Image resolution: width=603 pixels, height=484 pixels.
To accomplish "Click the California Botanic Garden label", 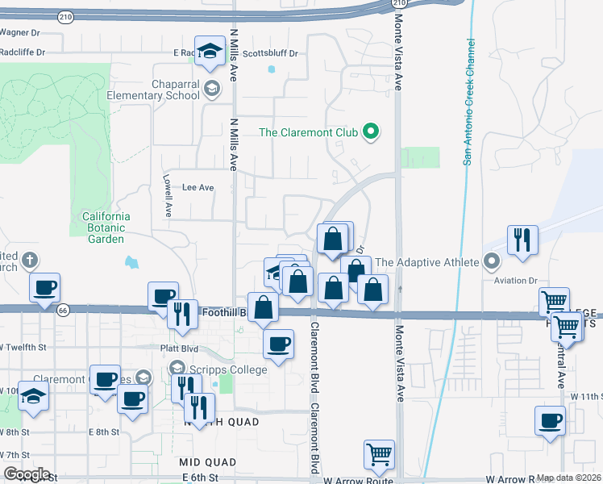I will [x=106, y=227].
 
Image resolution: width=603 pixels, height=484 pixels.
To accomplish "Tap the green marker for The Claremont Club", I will [x=371, y=131].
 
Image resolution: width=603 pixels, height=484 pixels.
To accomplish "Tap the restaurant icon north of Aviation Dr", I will [x=522, y=240].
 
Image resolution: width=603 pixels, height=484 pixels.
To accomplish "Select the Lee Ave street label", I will [x=198, y=187].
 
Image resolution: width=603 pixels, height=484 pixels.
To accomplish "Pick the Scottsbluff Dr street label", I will [x=270, y=53].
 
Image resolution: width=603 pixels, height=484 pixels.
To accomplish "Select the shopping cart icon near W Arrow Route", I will [x=379, y=453].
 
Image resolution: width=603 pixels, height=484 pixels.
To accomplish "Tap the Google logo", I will [x=26, y=474].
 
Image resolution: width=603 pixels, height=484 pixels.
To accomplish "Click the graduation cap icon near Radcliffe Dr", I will [x=209, y=50].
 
